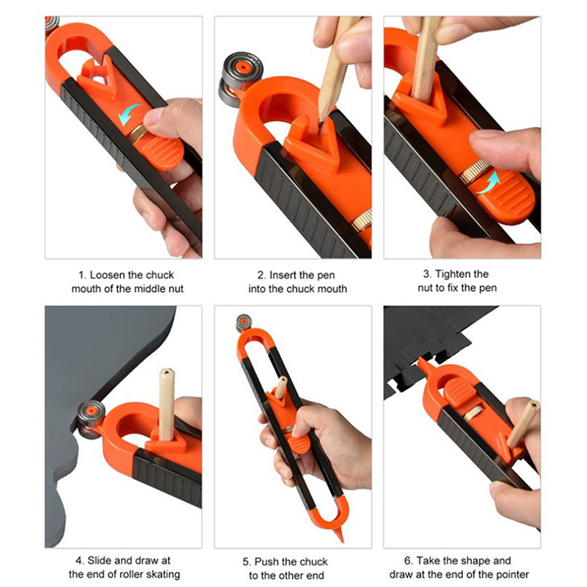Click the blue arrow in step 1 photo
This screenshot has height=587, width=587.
click(x=128, y=114)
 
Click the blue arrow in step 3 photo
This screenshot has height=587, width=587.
click(x=489, y=183)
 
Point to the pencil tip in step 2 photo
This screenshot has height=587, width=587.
click(x=321, y=121)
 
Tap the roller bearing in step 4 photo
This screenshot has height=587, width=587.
click(x=89, y=418)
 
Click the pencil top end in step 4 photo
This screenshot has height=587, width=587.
click(x=167, y=373)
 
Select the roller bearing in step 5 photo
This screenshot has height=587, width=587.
click(x=244, y=323)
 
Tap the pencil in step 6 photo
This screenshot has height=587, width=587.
click(x=523, y=424)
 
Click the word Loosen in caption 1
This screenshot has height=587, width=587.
click(x=107, y=275)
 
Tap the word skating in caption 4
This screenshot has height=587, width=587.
click(x=161, y=574)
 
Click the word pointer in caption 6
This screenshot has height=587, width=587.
click(x=511, y=574)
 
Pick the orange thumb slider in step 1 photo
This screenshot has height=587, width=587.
click(x=164, y=152)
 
